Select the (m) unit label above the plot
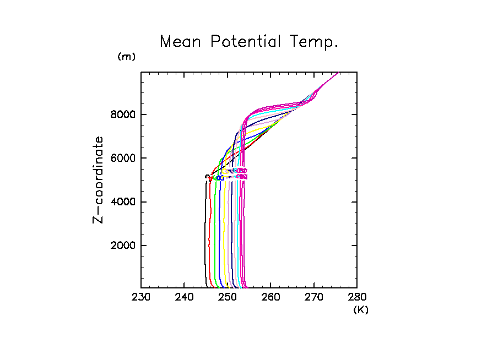point(126,57)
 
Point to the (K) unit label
point(361,310)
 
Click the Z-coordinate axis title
point(98,179)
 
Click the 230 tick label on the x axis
point(141,298)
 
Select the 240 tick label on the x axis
point(184,298)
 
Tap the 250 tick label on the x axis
point(228,298)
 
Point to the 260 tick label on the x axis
point(270,298)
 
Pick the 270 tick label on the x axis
point(313,298)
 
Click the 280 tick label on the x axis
point(356,298)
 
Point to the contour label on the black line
point(207,176)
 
